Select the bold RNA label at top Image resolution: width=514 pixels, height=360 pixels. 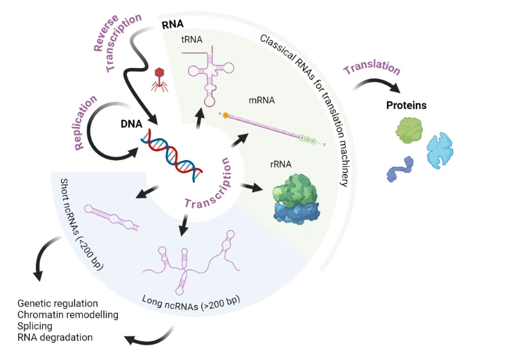(173, 24)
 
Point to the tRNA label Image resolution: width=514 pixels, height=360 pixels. (191, 40)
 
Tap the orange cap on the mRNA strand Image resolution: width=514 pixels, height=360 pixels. (226, 114)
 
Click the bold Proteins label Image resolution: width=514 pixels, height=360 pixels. (407, 106)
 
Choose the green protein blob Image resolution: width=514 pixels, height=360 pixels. (410, 131)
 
